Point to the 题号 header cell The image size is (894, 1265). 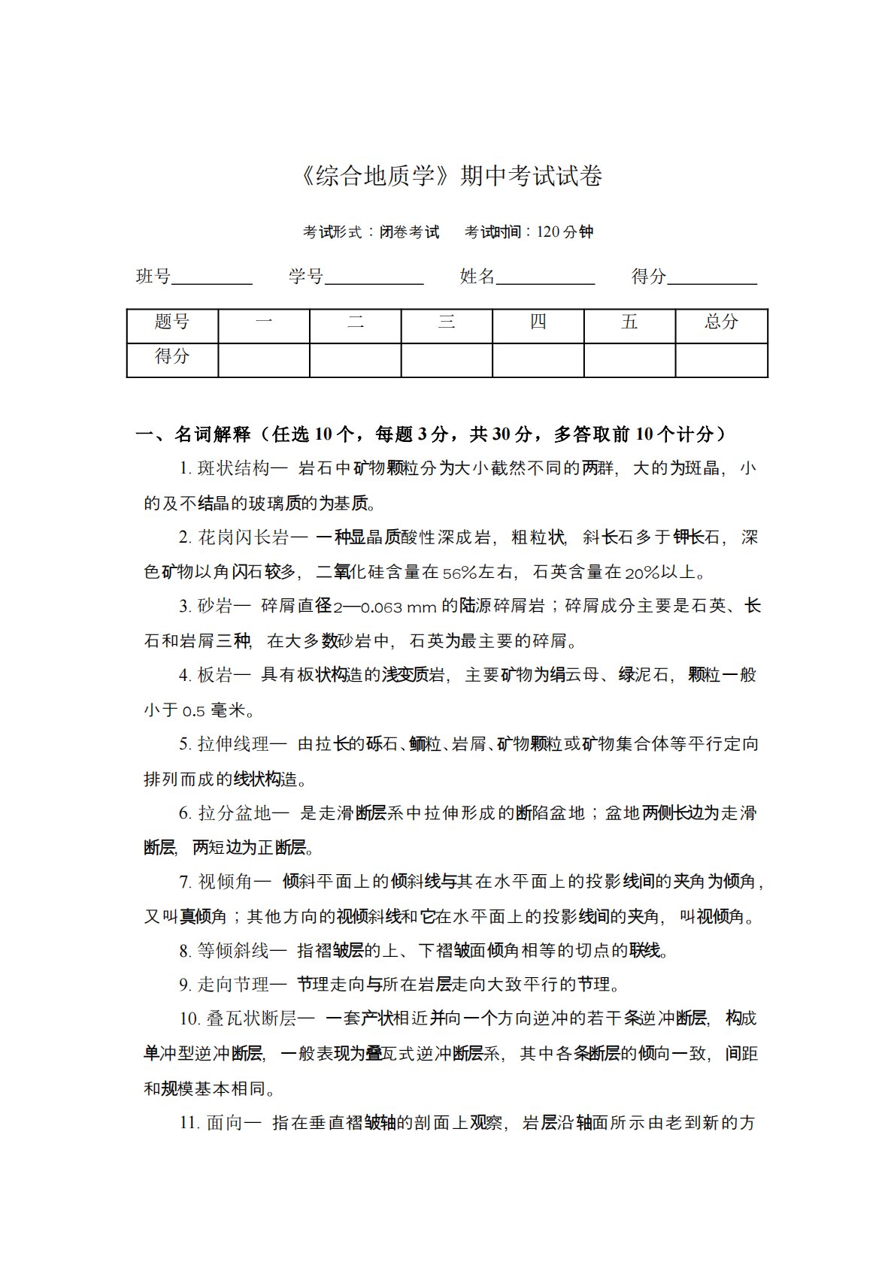click(172, 323)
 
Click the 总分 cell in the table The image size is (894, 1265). click(721, 323)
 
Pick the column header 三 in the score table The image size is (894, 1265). click(447, 323)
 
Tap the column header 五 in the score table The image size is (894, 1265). click(629, 323)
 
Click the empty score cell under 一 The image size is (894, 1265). click(264, 359)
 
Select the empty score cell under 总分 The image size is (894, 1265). click(721, 359)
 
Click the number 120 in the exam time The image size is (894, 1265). click(548, 232)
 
